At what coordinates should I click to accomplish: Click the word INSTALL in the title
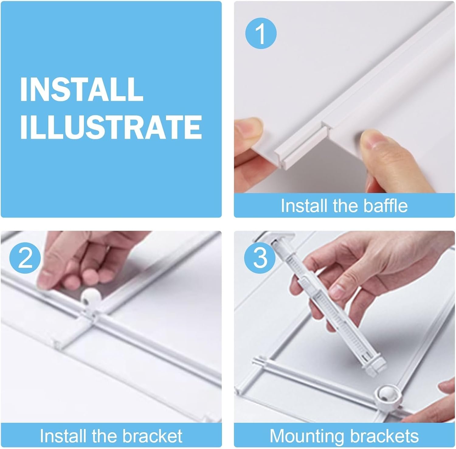(82, 89)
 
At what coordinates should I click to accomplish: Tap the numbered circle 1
(261, 33)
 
